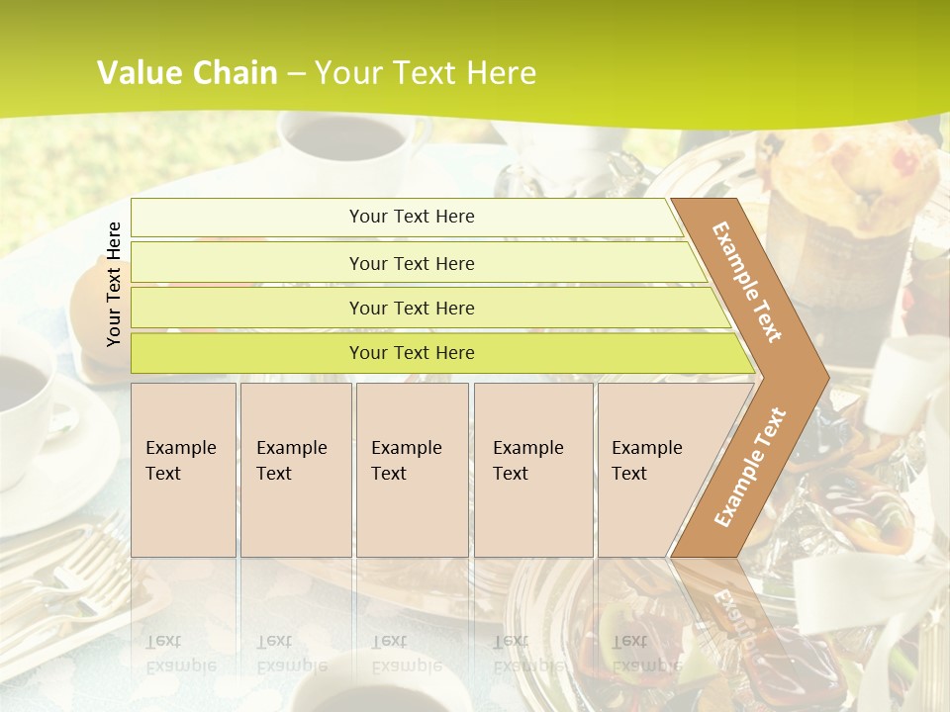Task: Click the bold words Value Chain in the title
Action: (187, 73)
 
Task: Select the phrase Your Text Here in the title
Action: (426, 73)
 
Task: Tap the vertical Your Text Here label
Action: (114, 284)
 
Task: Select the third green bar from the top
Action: (426, 308)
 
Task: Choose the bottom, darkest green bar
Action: (435, 353)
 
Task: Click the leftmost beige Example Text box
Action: (183, 470)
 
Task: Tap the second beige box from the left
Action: (295, 470)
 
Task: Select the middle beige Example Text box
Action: (412, 470)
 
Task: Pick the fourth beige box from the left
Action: (532, 470)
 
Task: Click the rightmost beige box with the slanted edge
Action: (653, 470)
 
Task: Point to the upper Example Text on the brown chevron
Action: (747, 282)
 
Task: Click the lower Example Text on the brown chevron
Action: (750, 467)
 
